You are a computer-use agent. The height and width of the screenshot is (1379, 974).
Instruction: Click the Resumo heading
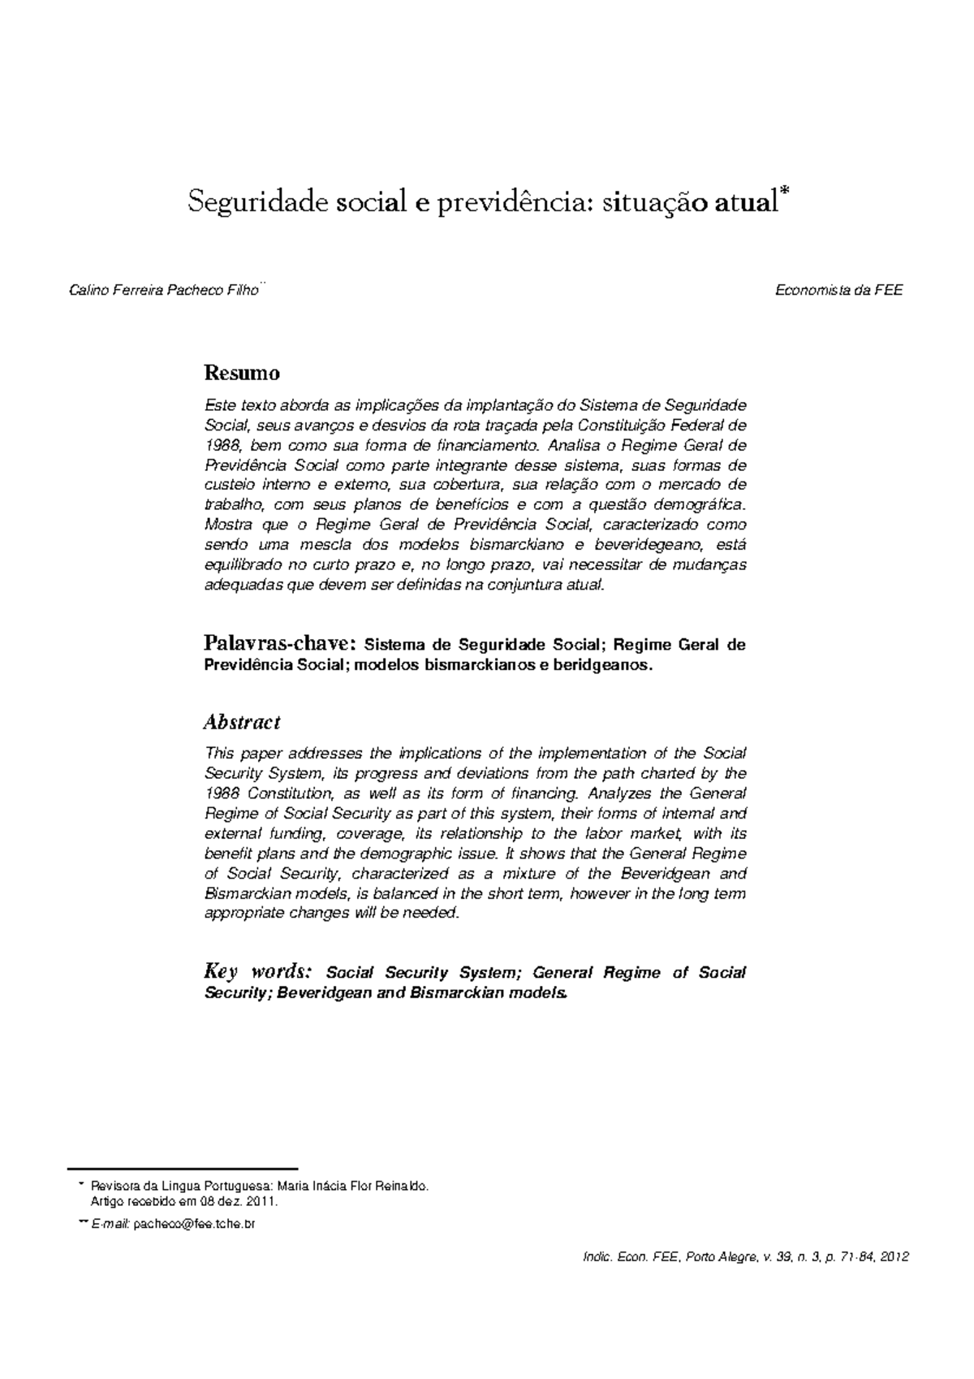pos(242,374)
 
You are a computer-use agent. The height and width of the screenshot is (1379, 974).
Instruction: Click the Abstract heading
pos(242,722)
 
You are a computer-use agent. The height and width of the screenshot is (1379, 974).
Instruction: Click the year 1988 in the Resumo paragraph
pos(221,446)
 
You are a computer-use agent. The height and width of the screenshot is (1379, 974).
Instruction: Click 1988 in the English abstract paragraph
pos(222,793)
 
